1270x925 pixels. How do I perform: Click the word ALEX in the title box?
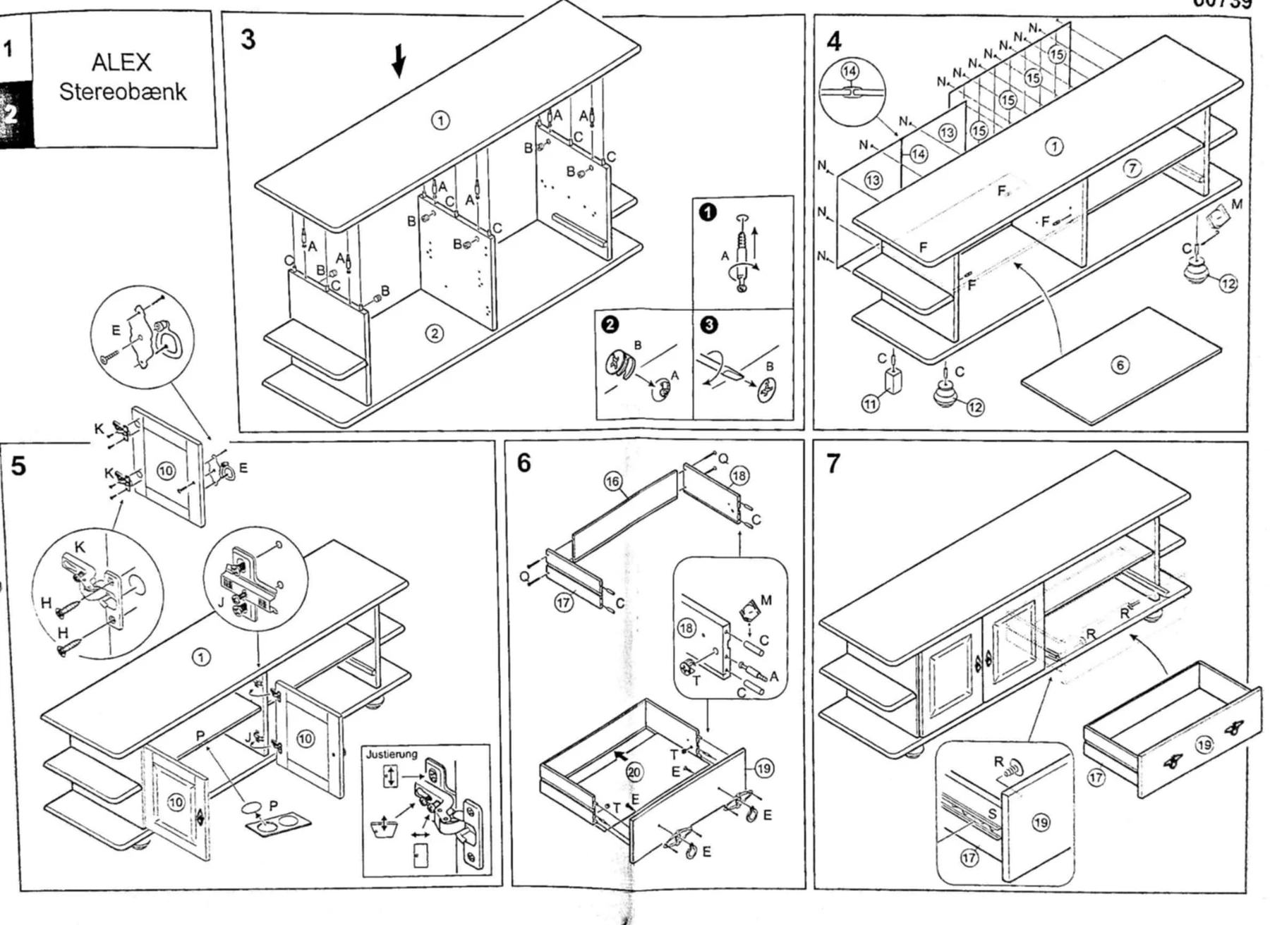[x=121, y=62]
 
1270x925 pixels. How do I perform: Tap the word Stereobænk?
[x=123, y=92]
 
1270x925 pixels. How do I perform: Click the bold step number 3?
[x=248, y=39]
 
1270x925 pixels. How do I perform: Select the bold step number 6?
[x=524, y=463]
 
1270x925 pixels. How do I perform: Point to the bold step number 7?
[x=833, y=464]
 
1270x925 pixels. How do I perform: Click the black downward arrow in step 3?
[x=399, y=61]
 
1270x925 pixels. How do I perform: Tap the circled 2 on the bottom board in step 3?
[x=435, y=333]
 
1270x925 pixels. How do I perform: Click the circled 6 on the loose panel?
[x=1120, y=365]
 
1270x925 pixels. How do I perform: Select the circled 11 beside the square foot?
[x=871, y=404]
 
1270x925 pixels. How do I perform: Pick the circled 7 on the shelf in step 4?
[x=1132, y=168]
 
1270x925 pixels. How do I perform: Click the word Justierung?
[x=392, y=754]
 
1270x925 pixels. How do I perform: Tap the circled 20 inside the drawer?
[x=634, y=772]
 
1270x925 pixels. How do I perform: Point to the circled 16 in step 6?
[x=612, y=482]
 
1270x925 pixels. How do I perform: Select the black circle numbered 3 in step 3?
[x=709, y=324]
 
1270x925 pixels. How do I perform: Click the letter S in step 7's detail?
[x=993, y=814]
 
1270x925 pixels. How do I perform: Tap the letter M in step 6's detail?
[x=766, y=600]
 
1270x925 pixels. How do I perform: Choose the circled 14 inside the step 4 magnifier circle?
[x=849, y=71]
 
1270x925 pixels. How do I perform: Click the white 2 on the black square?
[x=10, y=114]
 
